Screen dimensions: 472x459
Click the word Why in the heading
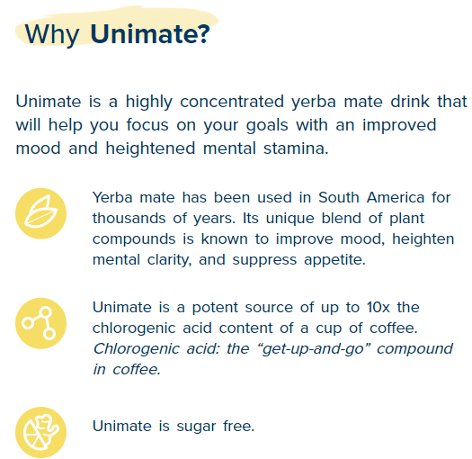52,35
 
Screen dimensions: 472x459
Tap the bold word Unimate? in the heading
150,33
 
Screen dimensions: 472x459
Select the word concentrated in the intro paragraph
232,102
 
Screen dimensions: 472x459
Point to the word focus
147,124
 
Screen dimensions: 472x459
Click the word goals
267,126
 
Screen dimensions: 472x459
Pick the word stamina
296,148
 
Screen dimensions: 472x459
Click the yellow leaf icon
41,213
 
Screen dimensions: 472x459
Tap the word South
339,198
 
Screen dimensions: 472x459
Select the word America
396,198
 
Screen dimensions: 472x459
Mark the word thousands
129,218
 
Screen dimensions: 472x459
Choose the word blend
341,218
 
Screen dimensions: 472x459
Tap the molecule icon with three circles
41,323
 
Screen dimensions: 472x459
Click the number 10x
378,308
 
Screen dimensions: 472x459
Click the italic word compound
414,349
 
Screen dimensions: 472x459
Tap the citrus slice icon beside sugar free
41,432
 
